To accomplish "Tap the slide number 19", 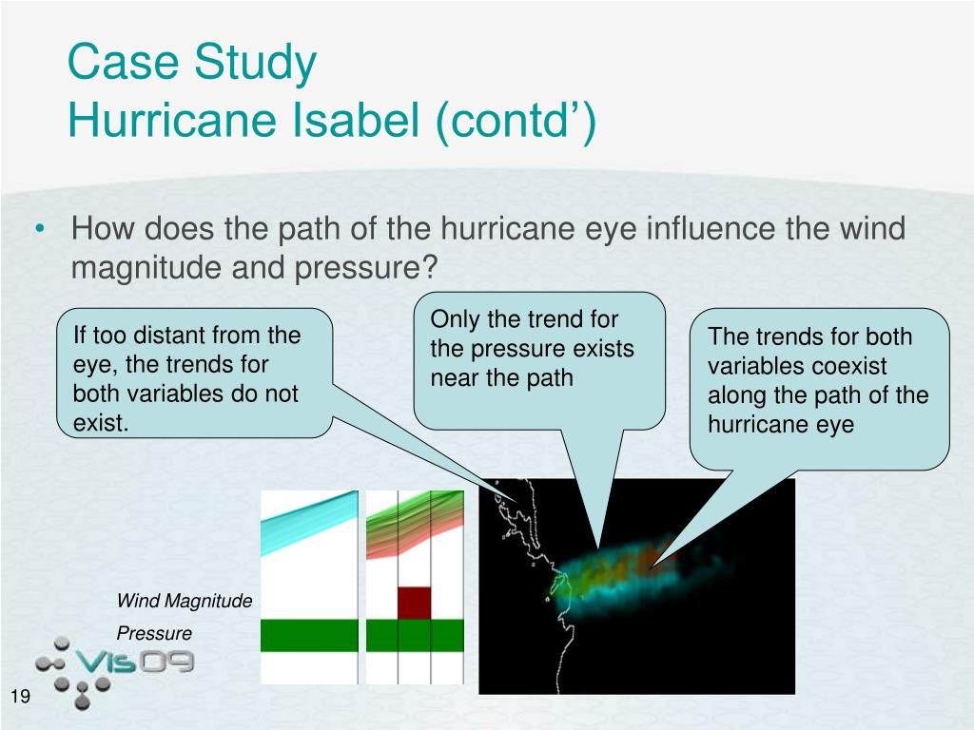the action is coord(20,696).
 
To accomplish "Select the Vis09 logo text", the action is coord(134,662).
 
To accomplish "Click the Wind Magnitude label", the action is coord(185,601).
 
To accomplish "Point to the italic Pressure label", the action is coord(154,633).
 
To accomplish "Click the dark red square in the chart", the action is coord(415,603).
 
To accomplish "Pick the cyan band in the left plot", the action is coord(309,522).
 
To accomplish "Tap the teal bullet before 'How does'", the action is coord(40,229).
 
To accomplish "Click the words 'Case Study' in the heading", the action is coord(192,62).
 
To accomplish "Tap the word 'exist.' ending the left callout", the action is coord(101,423).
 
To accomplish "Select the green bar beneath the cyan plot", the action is coord(309,635).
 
